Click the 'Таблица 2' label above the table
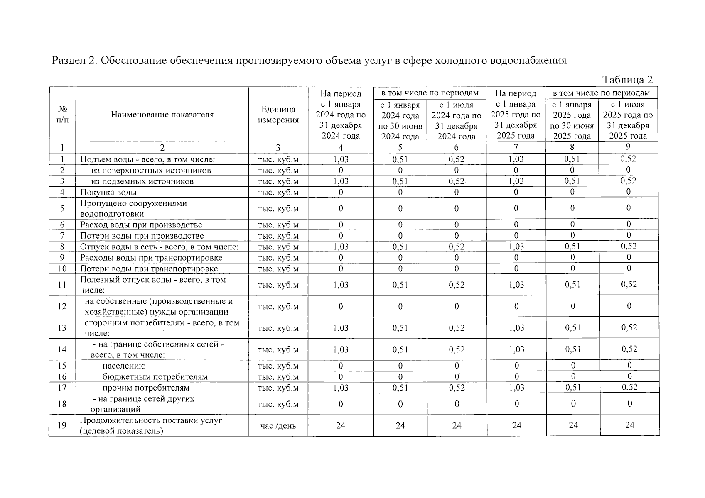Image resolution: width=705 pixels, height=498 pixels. coord(627,80)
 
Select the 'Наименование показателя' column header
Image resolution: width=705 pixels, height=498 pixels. coord(162,115)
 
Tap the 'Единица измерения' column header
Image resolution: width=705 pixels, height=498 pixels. coord(278,115)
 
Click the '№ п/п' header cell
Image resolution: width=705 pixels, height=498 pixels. coord(62,115)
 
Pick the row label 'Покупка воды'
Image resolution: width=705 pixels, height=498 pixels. coord(108,192)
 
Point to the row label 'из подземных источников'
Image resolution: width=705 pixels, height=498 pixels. coord(142,181)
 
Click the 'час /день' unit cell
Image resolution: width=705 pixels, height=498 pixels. coord(278,426)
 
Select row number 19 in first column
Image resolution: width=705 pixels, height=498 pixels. coord(62,425)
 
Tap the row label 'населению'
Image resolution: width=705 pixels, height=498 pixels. coord(124,366)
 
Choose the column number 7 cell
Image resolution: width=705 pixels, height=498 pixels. coord(516,147)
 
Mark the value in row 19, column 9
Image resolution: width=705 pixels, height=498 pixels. coord(629,425)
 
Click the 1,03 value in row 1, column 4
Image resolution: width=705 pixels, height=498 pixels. coord(341,159)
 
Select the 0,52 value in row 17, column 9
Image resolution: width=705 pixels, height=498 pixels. coord(629,387)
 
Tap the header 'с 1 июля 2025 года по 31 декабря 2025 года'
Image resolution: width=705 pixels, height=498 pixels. coord(628,120)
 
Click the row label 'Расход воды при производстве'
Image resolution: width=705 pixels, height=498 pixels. coord(141,225)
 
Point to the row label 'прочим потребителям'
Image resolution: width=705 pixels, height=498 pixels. coord(146,388)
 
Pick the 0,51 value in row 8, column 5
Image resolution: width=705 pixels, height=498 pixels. coord(400,247)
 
